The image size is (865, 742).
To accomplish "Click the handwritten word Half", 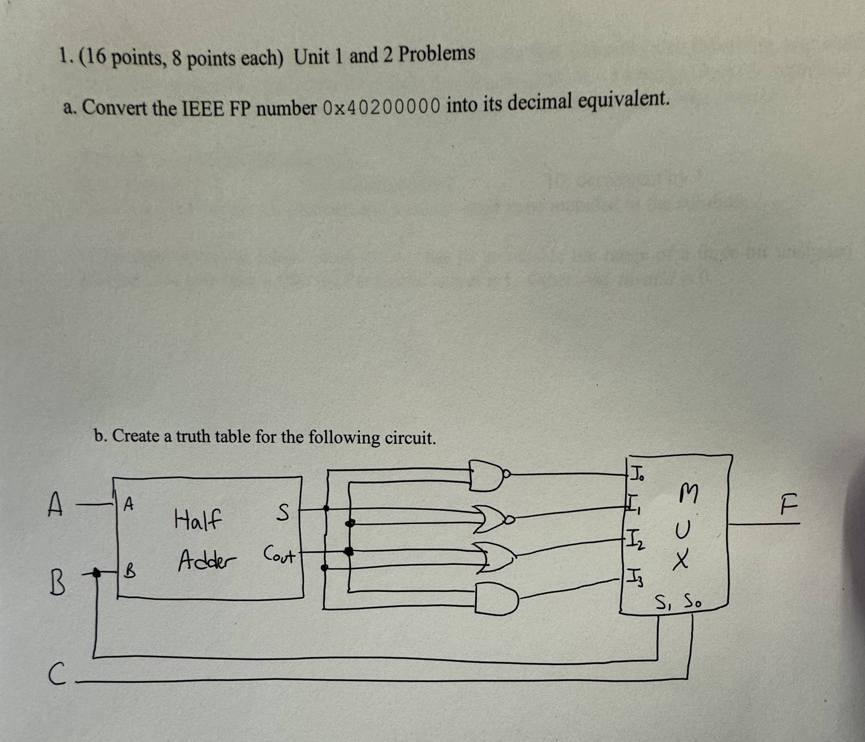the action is point(197,520).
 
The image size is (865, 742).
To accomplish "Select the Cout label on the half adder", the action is point(279,556).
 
